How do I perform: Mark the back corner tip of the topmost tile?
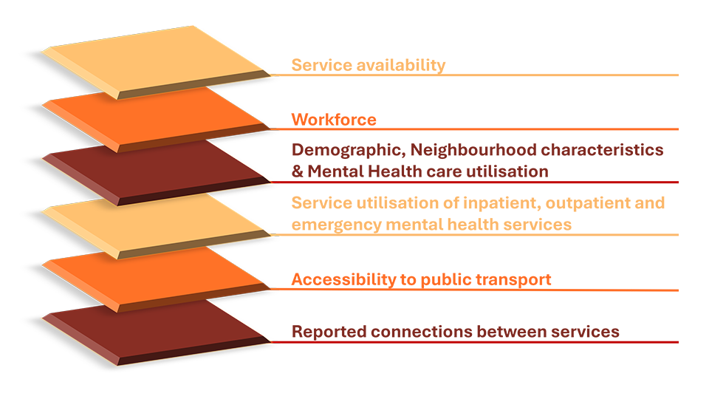click(194, 27)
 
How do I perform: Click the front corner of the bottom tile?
click(118, 365)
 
